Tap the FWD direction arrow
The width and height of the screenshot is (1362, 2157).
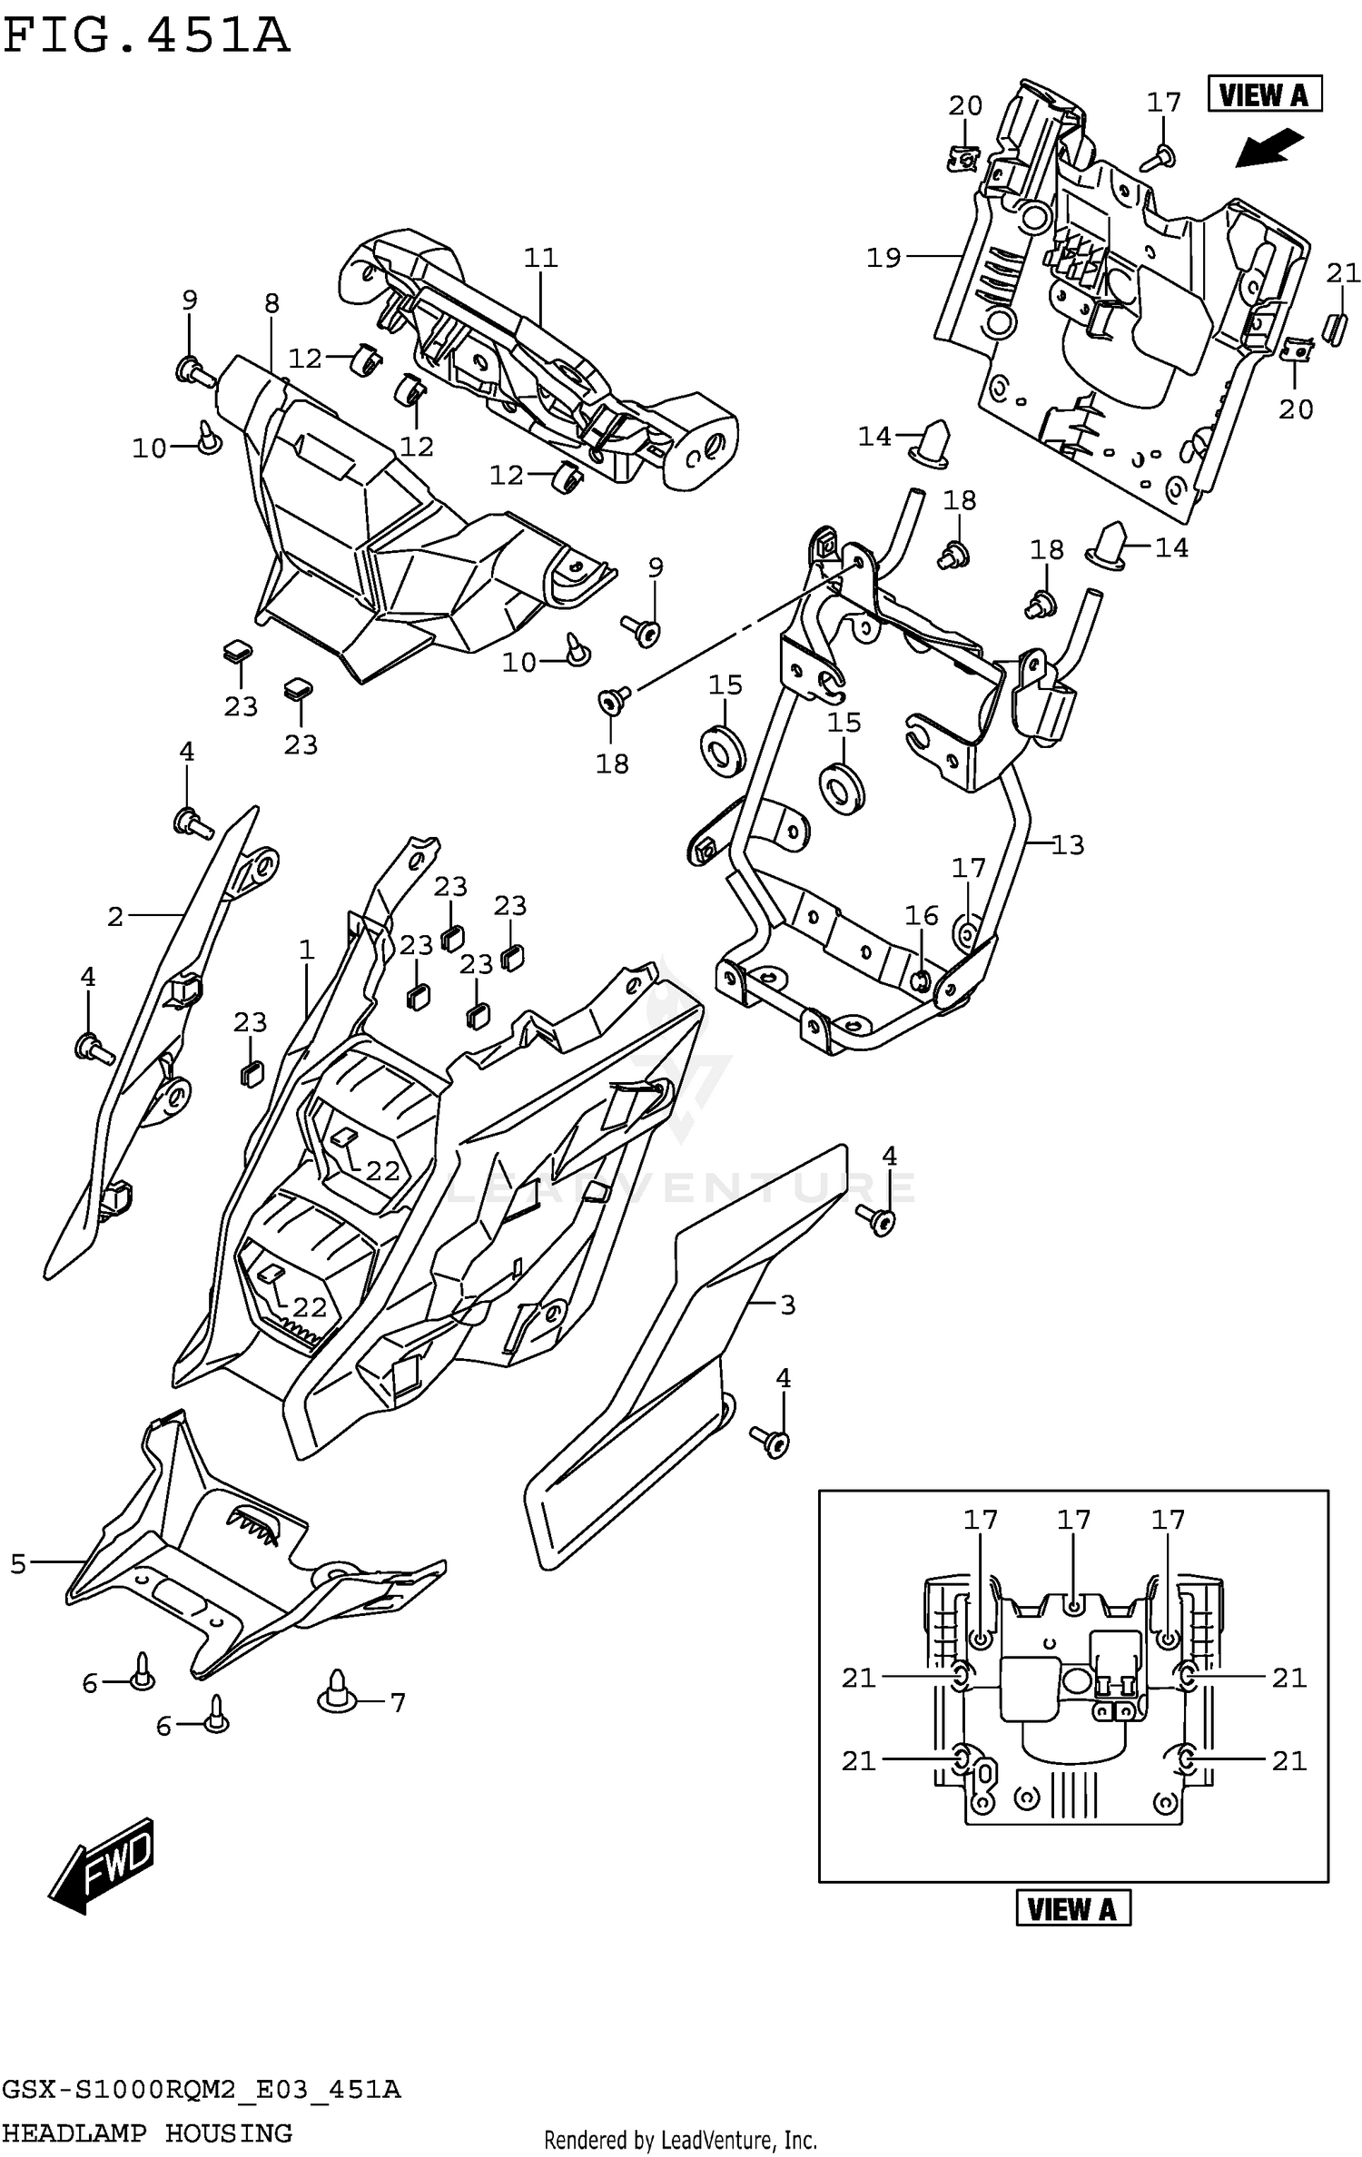coord(103,1866)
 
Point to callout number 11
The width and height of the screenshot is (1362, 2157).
coord(540,258)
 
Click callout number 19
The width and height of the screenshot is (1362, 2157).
coord(883,258)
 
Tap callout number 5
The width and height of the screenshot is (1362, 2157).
coord(18,1563)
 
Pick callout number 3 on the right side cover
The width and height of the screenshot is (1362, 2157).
coord(787,1305)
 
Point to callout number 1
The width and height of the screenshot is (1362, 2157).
coord(306,950)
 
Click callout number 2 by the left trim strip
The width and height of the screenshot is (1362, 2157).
coord(114,916)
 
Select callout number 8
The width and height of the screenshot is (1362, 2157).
coord(271,303)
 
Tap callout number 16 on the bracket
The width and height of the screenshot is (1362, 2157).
coord(921,915)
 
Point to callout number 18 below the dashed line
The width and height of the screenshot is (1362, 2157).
coord(612,763)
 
